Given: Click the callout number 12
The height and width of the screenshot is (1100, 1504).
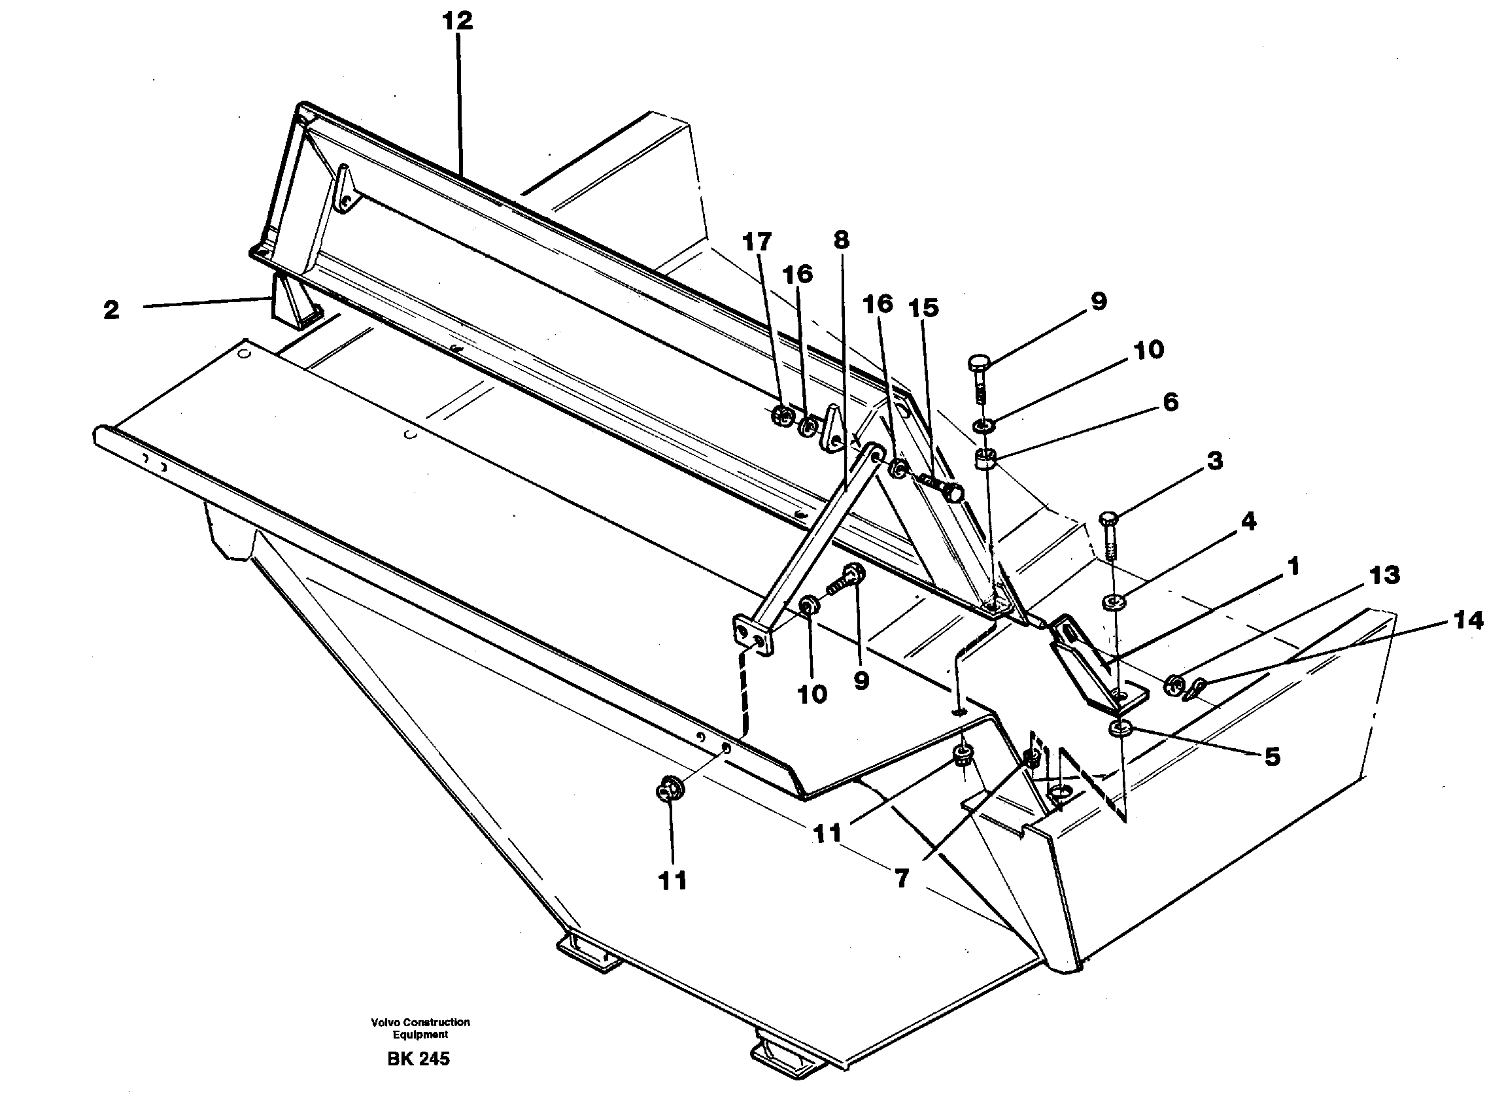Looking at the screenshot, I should (x=457, y=21).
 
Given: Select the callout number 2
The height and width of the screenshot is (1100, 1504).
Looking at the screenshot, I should (x=111, y=309).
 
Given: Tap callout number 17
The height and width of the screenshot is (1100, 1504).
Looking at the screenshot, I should (x=757, y=242).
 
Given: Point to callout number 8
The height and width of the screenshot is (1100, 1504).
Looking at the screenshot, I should (x=841, y=240).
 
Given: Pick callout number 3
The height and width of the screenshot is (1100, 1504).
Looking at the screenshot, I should (x=1215, y=460).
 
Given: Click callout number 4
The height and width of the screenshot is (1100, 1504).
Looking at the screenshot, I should (x=1248, y=521).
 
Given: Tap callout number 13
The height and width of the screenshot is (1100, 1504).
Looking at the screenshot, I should (x=1384, y=575).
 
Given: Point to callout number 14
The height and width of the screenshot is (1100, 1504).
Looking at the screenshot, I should (x=1468, y=621).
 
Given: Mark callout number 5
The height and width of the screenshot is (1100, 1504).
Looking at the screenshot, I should (x=1272, y=757).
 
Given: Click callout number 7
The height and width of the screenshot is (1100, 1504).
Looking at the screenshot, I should (x=901, y=879).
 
